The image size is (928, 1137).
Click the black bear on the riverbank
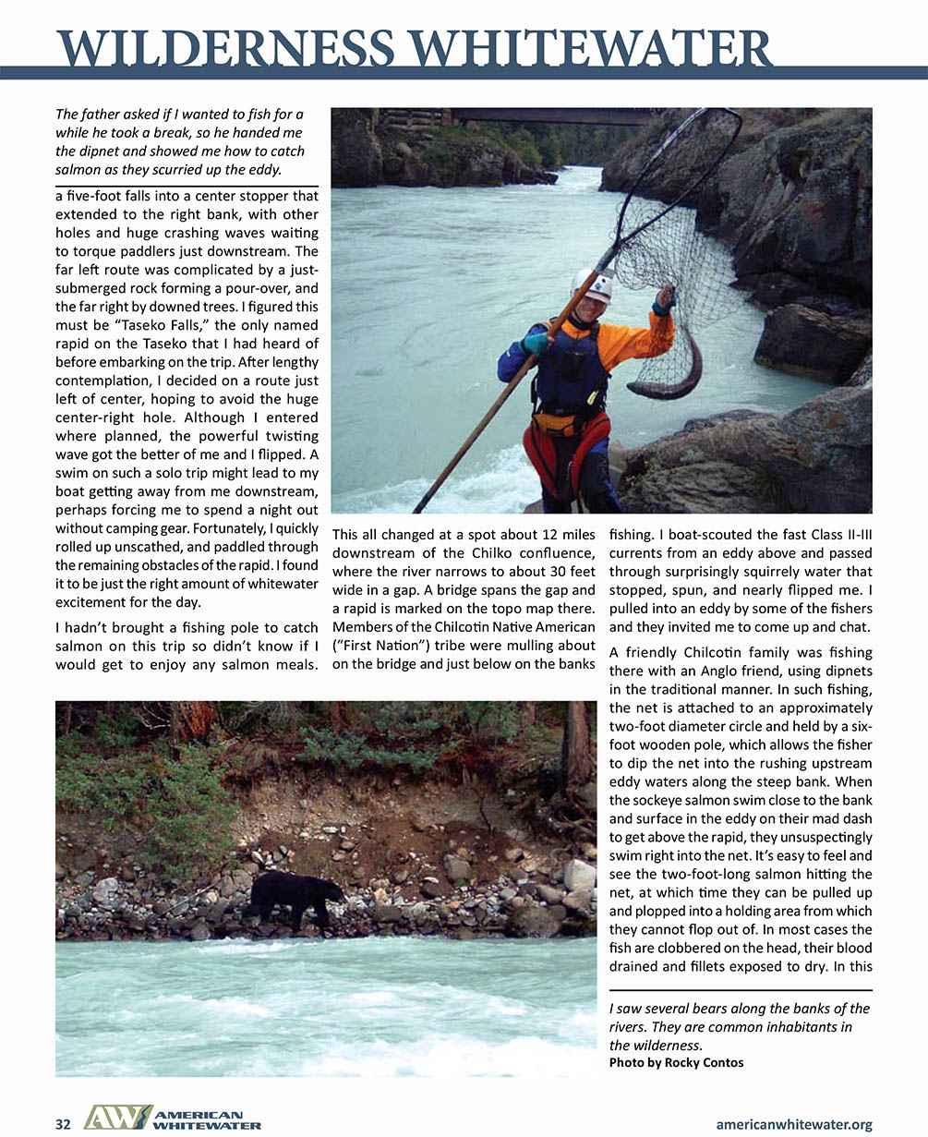click(294, 898)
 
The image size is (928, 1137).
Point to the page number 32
click(63, 1124)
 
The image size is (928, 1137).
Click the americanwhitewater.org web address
click(794, 1124)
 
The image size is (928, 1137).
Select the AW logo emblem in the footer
click(117, 1118)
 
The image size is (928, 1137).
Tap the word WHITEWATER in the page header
click(600, 47)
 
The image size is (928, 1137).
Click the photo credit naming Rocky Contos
click(676, 1062)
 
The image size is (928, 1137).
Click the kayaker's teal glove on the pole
click(536, 343)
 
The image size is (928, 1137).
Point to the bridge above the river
click(545, 115)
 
